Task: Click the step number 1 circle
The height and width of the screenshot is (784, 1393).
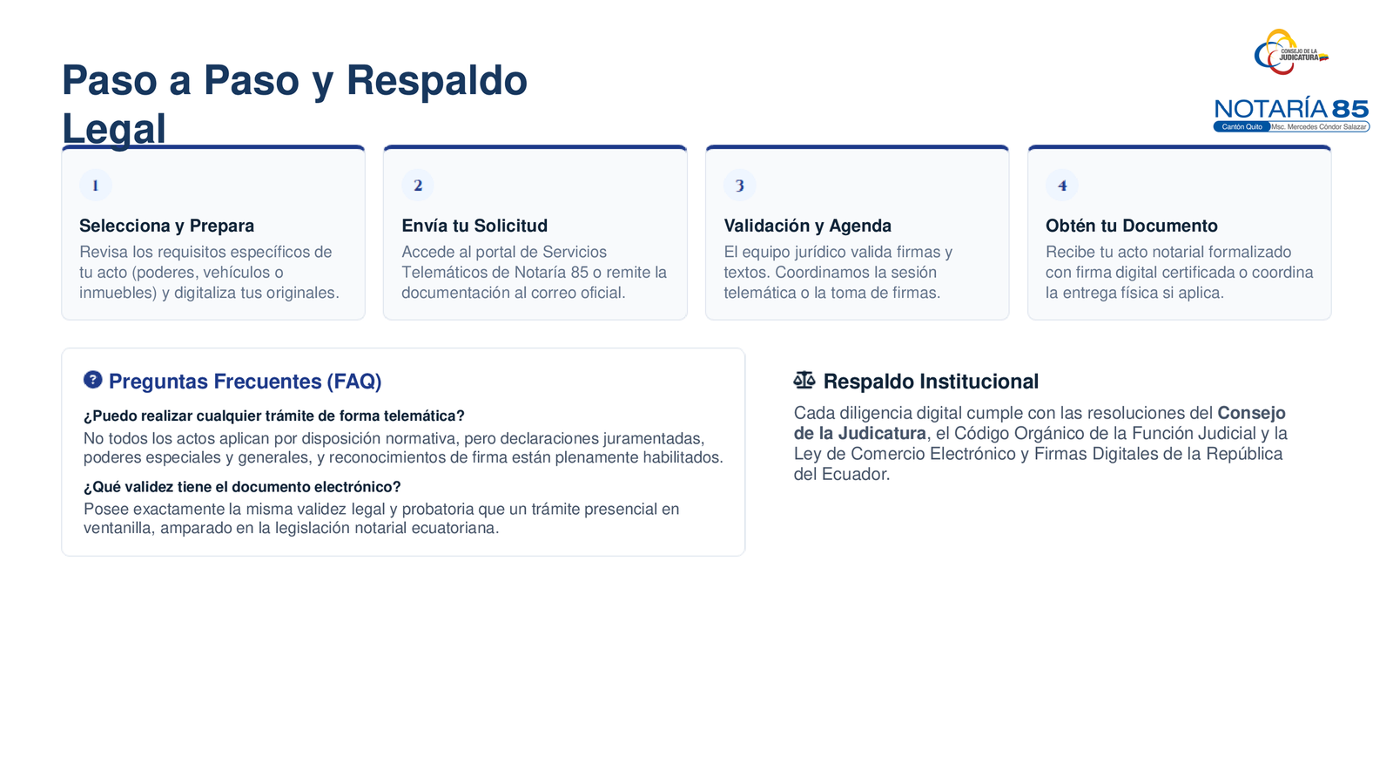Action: tap(95, 186)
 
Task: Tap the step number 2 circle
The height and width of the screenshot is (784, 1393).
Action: tap(418, 186)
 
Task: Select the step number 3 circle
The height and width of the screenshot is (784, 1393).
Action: tap(740, 186)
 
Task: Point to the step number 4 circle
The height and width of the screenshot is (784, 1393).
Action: tap(1062, 186)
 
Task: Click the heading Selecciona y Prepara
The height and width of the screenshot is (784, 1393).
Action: tap(166, 226)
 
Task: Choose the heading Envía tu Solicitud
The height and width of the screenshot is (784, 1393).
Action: tap(474, 226)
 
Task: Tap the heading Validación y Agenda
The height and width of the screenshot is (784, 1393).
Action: tap(807, 226)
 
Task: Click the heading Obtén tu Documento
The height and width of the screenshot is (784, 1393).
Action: tap(1131, 226)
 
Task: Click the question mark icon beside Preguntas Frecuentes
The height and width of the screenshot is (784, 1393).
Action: tap(92, 380)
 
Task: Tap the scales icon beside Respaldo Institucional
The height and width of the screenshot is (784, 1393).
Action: tap(804, 380)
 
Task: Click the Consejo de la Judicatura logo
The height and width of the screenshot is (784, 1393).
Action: tap(1290, 52)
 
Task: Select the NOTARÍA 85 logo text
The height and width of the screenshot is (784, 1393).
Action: tap(1292, 109)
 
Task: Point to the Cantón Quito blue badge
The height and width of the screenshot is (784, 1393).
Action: tap(1242, 127)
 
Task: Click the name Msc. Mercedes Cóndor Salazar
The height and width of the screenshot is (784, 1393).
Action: tap(1318, 127)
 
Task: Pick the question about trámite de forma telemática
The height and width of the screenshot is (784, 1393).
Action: tap(273, 416)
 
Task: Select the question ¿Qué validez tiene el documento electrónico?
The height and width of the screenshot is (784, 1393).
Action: tap(242, 487)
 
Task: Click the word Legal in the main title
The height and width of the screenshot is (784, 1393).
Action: tap(114, 129)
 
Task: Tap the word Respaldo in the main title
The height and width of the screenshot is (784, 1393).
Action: tap(436, 81)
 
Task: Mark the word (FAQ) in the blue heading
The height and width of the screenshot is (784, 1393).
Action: tap(353, 382)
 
